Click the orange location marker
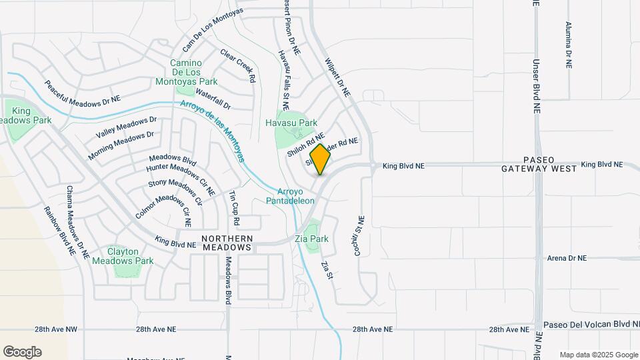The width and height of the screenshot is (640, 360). click(x=321, y=159)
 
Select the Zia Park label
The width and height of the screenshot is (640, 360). click(x=311, y=239)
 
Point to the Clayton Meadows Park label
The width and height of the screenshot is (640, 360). click(x=123, y=257)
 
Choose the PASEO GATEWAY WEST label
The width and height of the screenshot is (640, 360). click(x=539, y=165)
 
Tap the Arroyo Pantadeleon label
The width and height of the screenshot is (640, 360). click(x=290, y=195)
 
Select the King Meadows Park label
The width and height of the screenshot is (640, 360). click(x=22, y=115)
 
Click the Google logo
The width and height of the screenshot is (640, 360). click(x=22, y=351)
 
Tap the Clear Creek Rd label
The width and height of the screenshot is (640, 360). click(x=238, y=65)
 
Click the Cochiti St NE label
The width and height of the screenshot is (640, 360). click(x=361, y=237)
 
